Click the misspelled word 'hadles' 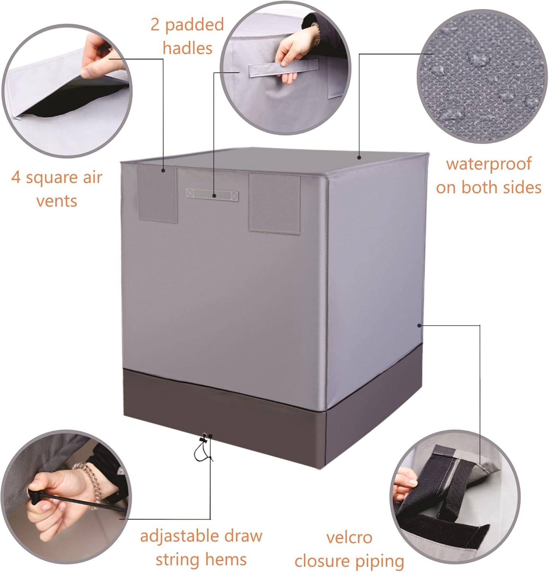(187, 48)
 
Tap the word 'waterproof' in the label (488, 164)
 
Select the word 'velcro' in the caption (349, 538)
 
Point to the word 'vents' (57, 201)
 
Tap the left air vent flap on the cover (157, 194)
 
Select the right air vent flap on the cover (274, 203)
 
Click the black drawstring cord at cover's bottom (202, 450)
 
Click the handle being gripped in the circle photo (283, 70)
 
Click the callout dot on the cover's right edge (419, 325)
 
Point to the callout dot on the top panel (359, 157)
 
